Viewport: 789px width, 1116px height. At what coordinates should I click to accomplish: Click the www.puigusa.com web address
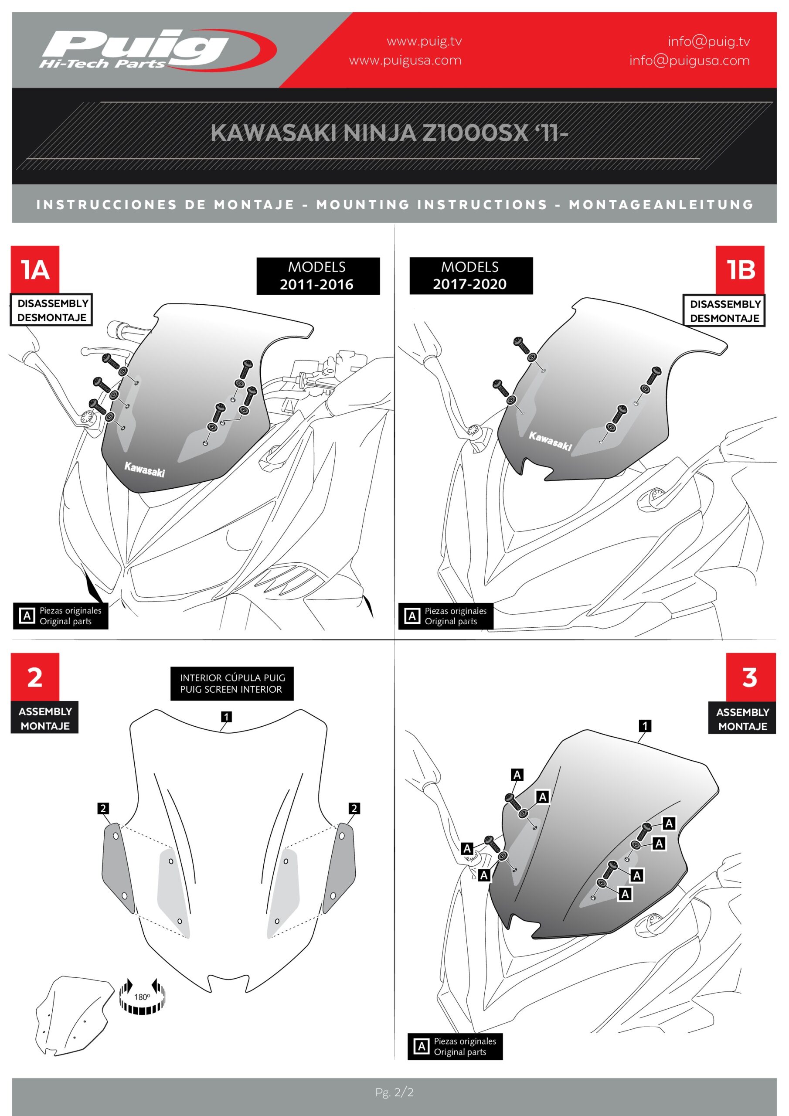click(405, 60)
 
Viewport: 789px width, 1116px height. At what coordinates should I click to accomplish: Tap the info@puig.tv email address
click(708, 41)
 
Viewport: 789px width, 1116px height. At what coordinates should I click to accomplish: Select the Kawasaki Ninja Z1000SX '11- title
click(389, 133)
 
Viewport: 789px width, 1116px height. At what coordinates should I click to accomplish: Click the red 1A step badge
click(35, 269)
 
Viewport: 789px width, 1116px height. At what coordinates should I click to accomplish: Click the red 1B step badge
click(740, 270)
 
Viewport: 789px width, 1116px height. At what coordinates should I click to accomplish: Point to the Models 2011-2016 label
click(318, 276)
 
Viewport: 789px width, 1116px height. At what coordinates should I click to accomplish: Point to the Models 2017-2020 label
click(471, 276)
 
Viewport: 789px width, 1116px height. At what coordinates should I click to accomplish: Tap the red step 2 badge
click(35, 677)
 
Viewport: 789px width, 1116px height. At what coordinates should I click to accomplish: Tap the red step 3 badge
click(751, 677)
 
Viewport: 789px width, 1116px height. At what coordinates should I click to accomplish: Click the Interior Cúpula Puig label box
click(232, 684)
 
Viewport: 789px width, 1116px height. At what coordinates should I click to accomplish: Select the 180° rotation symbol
click(142, 997)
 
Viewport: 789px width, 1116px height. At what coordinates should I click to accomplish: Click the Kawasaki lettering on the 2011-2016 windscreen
click(144, 470)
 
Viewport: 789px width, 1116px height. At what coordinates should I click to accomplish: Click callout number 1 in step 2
click(226, 716)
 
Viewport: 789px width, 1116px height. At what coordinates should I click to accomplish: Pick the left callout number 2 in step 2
click(102, 808)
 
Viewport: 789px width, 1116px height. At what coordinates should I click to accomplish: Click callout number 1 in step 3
click(645, 726)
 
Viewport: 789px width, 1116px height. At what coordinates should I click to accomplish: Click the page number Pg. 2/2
click(394, 1092)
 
